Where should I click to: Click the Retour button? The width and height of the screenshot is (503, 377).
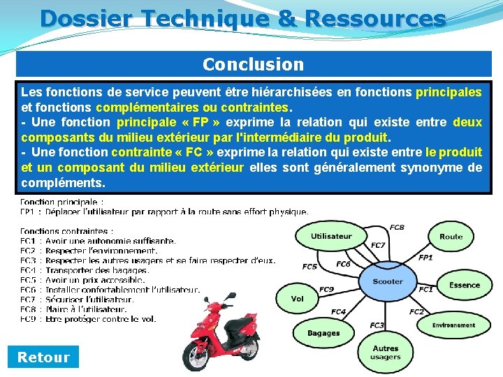(43, 357)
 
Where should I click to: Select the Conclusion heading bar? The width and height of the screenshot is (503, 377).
(254, 64)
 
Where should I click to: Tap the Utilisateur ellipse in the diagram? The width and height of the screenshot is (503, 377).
(331, 236)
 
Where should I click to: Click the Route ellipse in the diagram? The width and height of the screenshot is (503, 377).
(451, 237)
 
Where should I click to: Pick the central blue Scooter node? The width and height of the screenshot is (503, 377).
(388, 281)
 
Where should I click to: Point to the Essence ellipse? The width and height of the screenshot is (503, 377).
(464, 285)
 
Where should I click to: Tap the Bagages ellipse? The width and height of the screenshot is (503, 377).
(323, 333)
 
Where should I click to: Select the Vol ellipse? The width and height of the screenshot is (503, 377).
(298, 299)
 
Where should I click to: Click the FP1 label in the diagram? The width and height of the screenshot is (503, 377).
(425, 258)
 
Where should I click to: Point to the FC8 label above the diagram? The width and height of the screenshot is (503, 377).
(397, 228)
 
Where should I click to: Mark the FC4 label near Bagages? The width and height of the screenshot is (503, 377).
(338, 312)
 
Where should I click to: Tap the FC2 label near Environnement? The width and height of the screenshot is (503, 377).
(416, 312)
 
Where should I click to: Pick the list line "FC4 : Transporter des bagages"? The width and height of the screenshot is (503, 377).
(85, 270)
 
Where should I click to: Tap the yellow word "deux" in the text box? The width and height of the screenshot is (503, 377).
(467, 122)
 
